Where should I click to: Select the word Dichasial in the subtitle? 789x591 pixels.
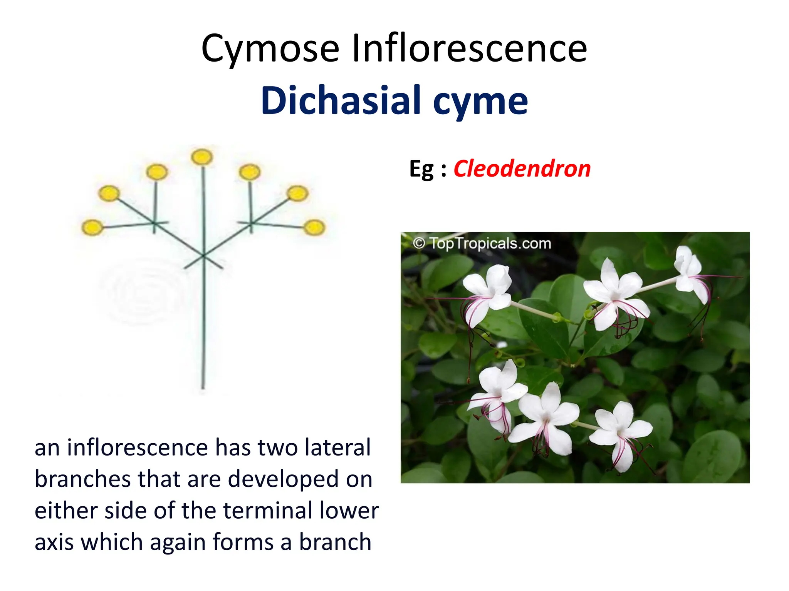click(341, 100)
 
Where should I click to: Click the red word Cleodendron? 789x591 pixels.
click(522, 169)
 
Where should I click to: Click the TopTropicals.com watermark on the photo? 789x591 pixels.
click(482, 244)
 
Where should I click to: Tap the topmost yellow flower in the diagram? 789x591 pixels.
click(202, 157)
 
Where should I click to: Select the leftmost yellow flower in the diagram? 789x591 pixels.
click(92, 227)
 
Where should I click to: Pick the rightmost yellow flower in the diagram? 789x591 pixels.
click(314, 227)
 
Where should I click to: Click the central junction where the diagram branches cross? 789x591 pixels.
click(203, 255)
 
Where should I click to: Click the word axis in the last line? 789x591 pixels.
click(54, 542)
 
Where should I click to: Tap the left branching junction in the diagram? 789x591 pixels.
click(154, 223)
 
